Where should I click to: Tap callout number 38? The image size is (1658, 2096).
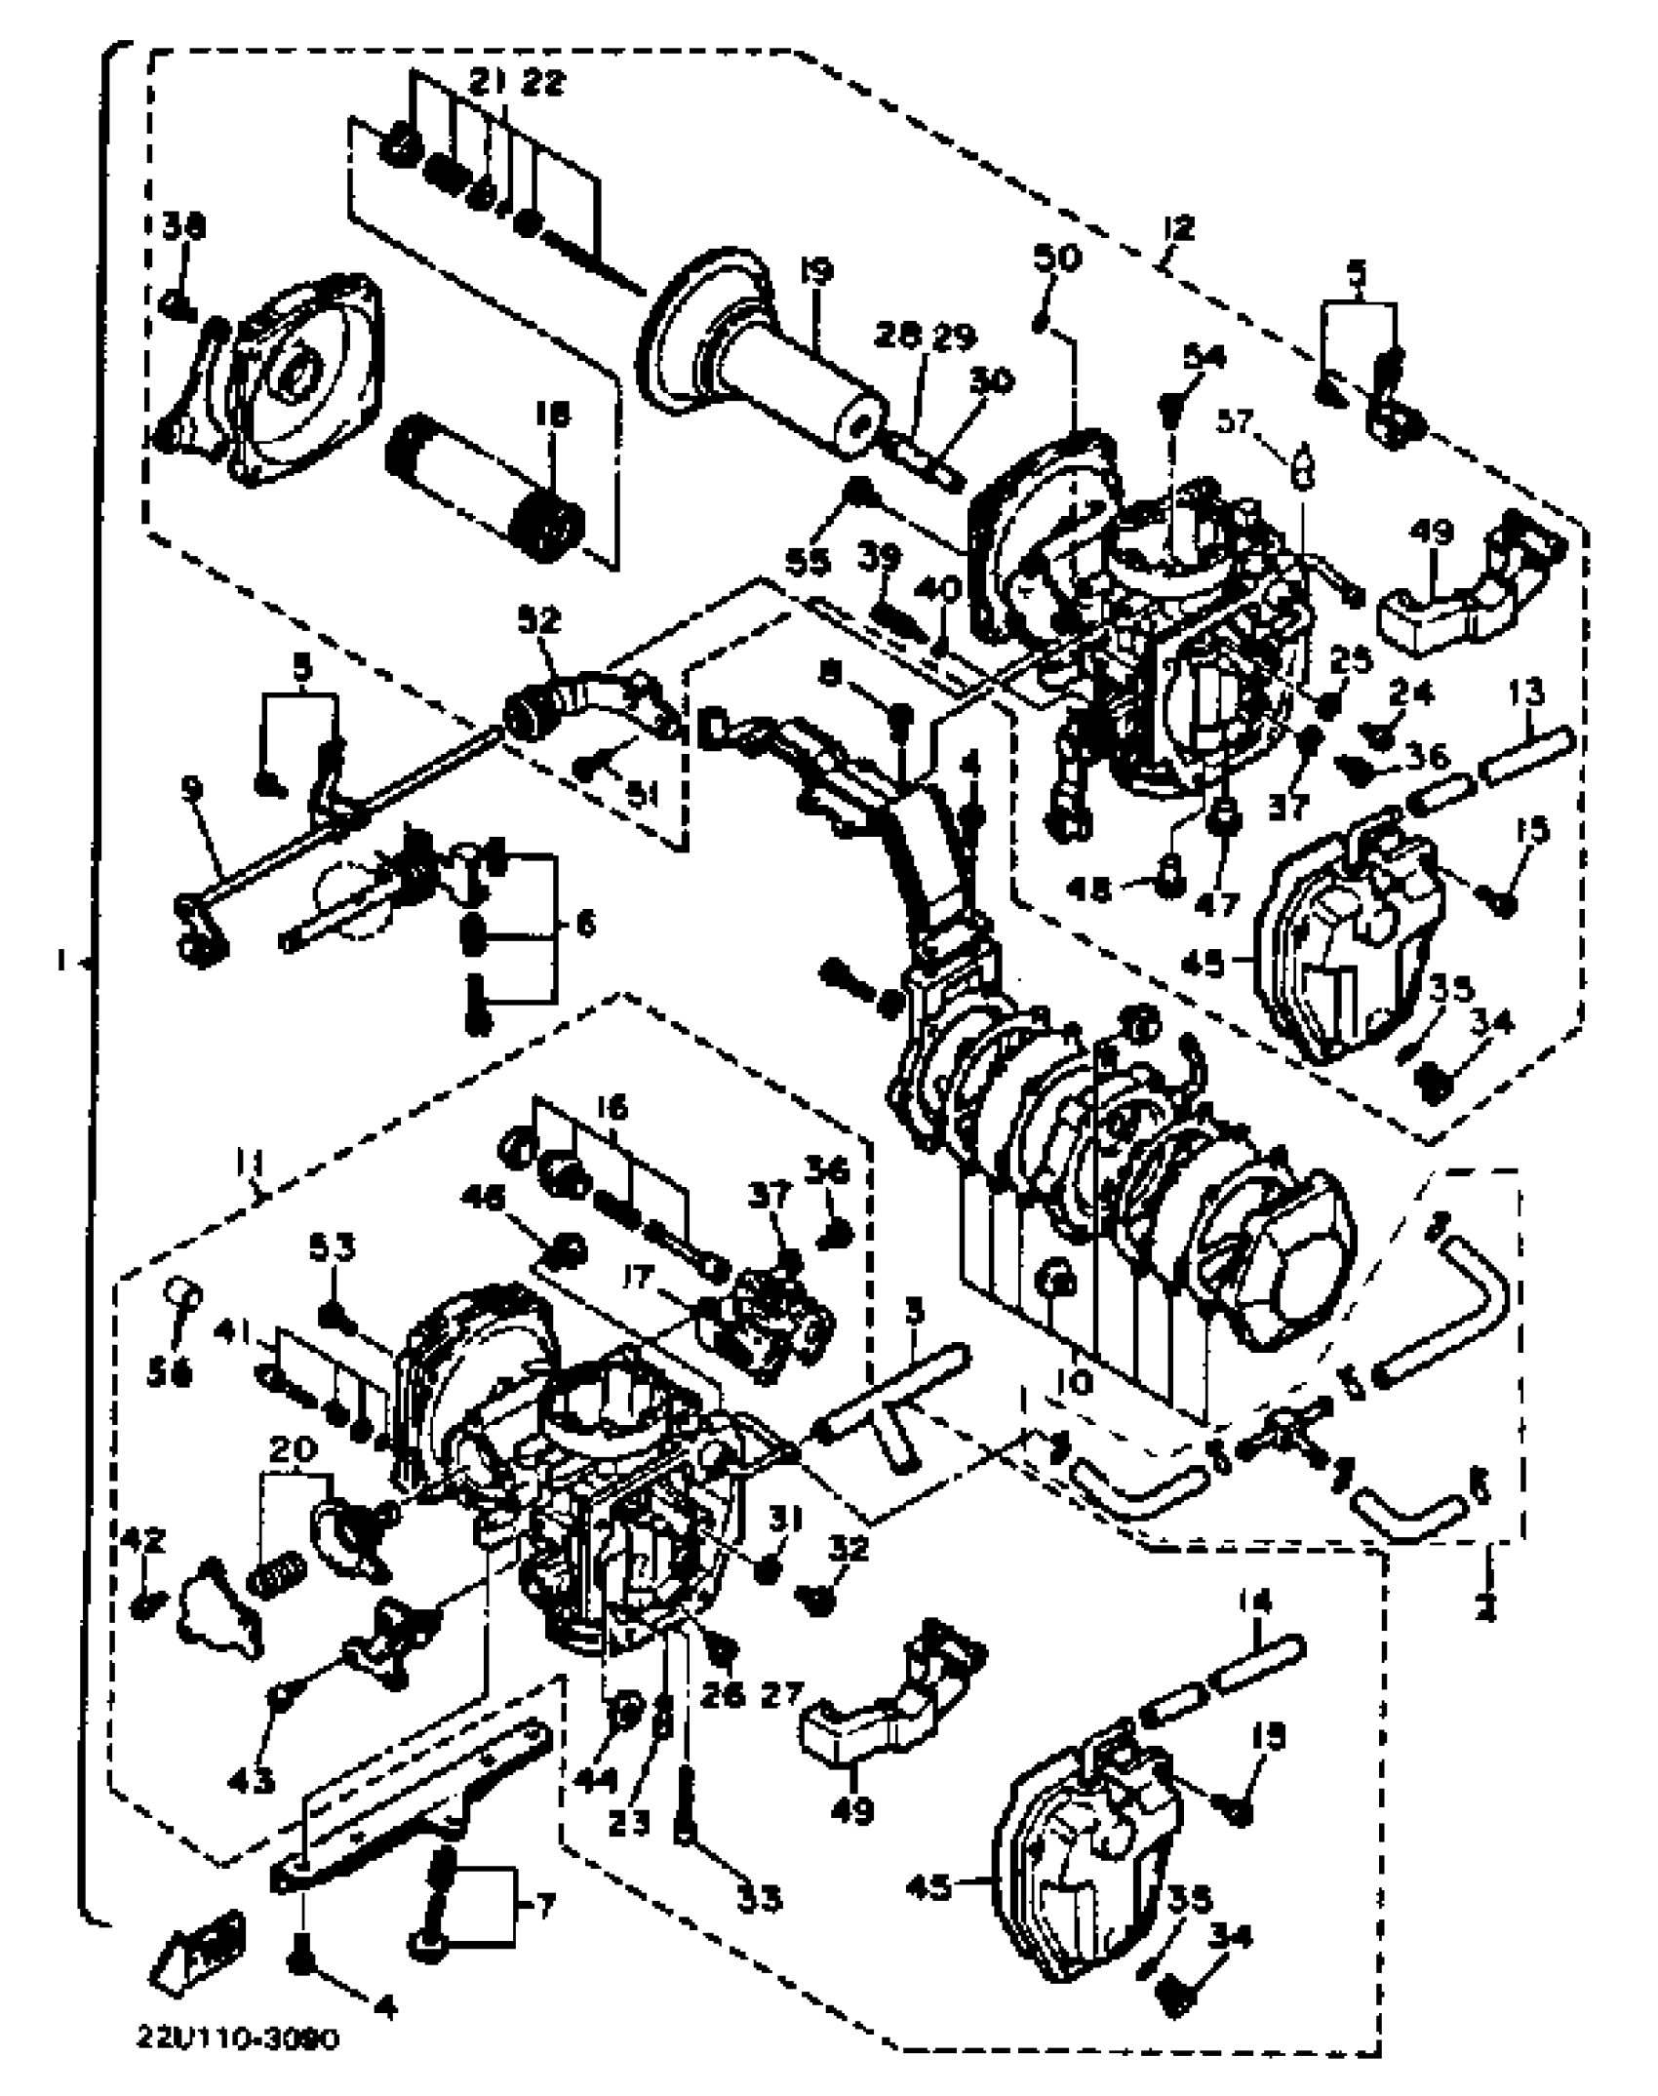[x=183, y=229]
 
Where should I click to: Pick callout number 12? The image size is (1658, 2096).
[x=1179, y=230]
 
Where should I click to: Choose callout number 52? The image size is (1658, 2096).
[x=540, y=619]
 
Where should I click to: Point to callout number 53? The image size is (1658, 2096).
[x=334, y=1249]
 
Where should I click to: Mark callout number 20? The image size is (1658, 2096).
[x=292, y=1477]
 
